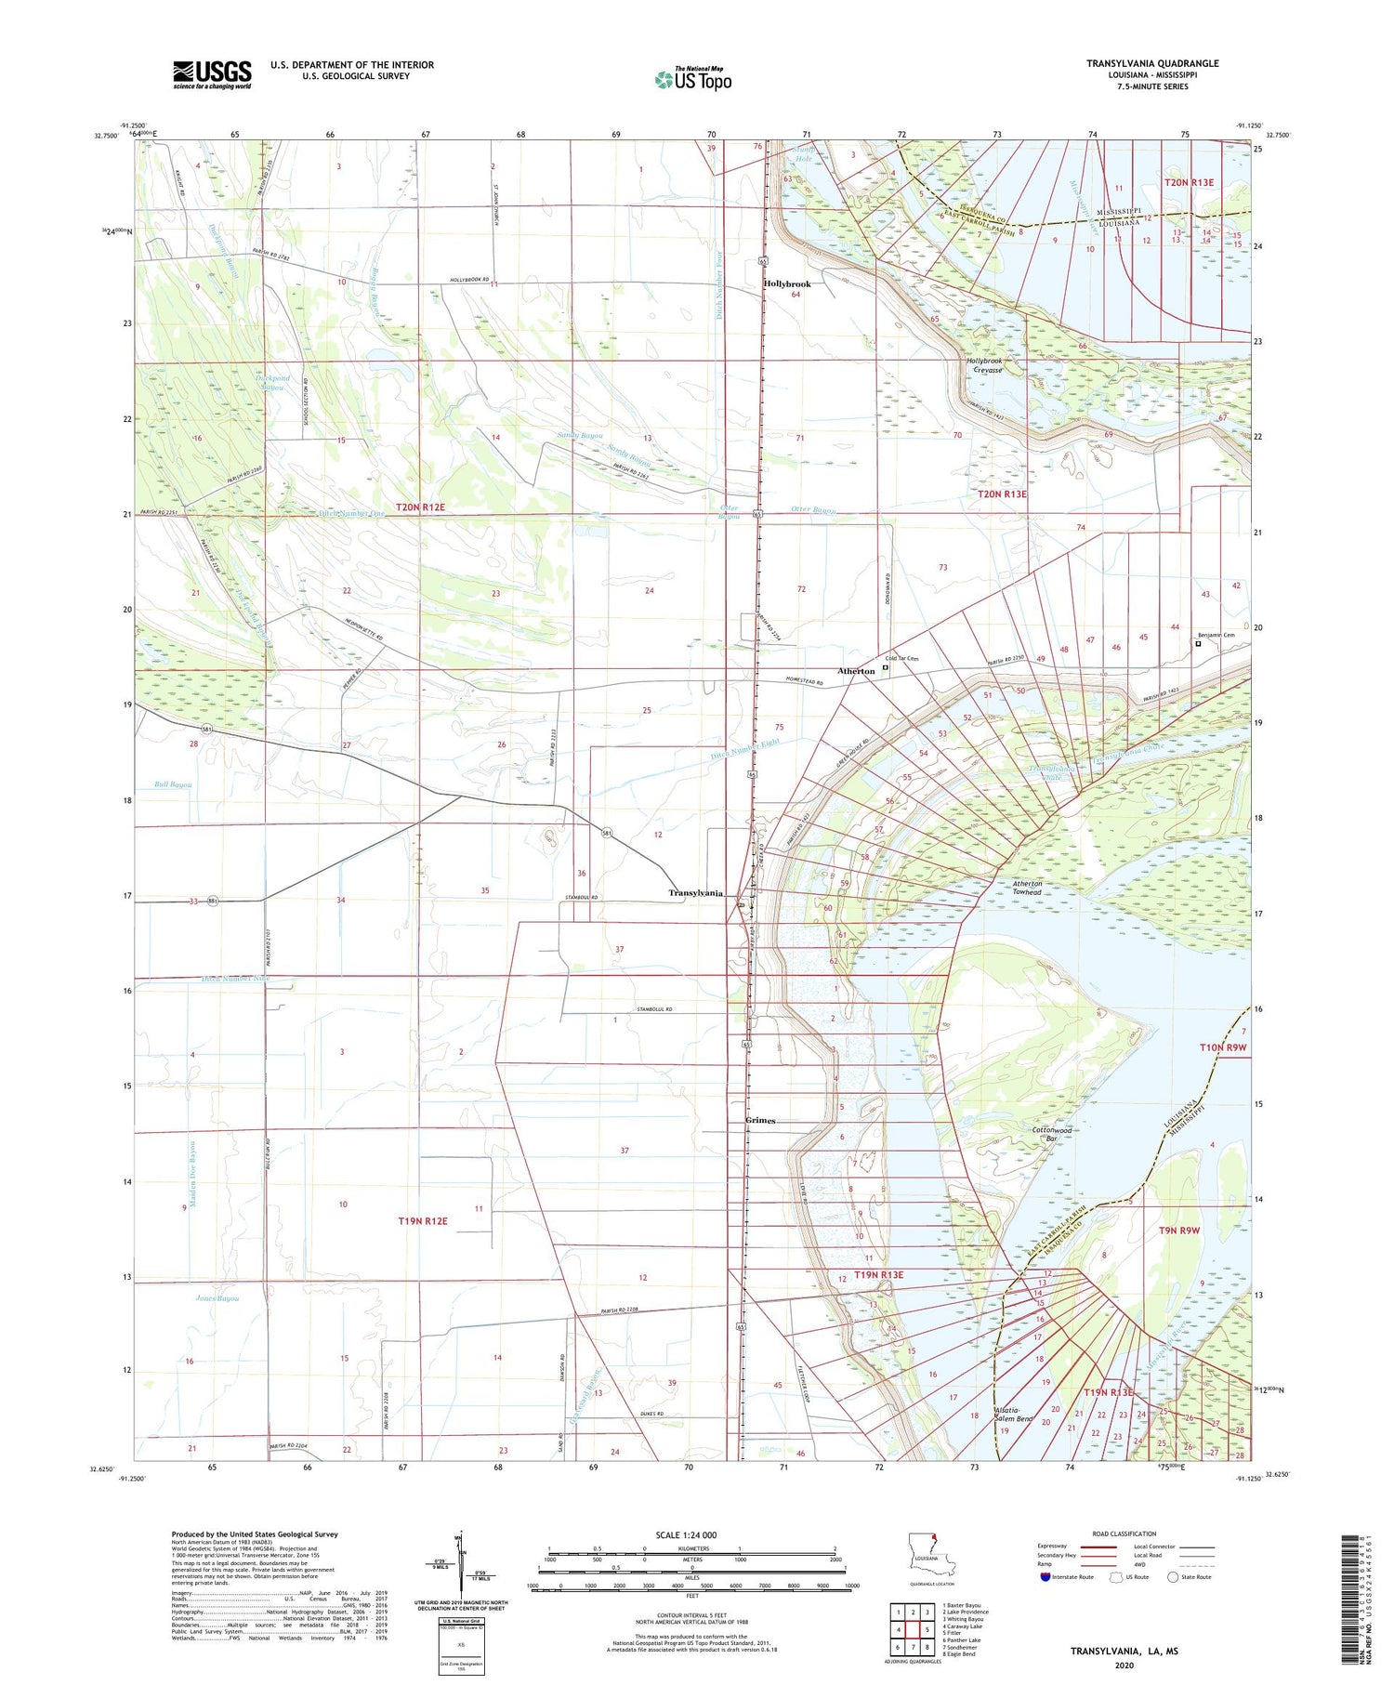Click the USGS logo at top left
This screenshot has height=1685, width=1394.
(x=212, y=74)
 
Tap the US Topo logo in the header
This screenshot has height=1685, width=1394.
(x=692, y=79)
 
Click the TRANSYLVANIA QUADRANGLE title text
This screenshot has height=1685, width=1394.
(x=1152, y=63)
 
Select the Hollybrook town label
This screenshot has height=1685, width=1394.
(x=787, y=283)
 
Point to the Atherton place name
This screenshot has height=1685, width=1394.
(x=856, y=671)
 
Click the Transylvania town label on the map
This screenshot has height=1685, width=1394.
(x=695, y=893)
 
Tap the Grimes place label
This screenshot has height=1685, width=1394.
(x=760, y=1121)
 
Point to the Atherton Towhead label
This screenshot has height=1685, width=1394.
(x=1027, y=888)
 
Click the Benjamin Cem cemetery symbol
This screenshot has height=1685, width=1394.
(x=1198, y=643)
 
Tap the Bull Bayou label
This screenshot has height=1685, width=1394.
(x=174, y=785)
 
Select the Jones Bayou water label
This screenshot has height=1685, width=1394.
(x=217, y=1298)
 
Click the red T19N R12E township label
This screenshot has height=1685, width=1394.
(x=423, y=1221)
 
